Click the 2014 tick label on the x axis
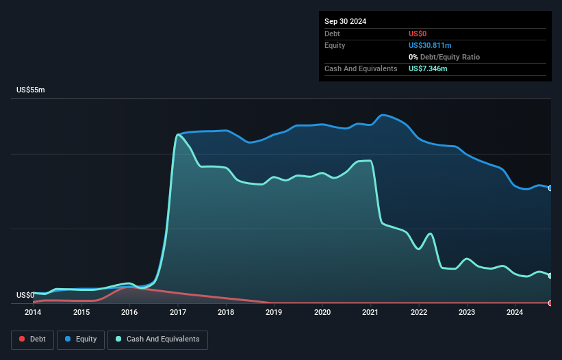coord(33,313)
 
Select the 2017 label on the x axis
coord(178,313)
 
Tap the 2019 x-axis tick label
coord(274,313)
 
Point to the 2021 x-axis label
coord(370,313)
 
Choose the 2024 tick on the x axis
coord(515,313)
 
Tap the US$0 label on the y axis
coord(25,296)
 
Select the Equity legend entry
coord(81,339)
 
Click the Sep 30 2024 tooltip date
coord(345,21)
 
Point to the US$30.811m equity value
coord(430,45)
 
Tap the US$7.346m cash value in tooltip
coord(428,68)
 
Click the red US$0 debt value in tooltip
coord(418,34)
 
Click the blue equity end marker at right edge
coord(550,188)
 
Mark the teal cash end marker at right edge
coord(550,276)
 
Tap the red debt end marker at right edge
coord(550,303)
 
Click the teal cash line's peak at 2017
coord(178,135)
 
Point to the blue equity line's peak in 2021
coord(383,114)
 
